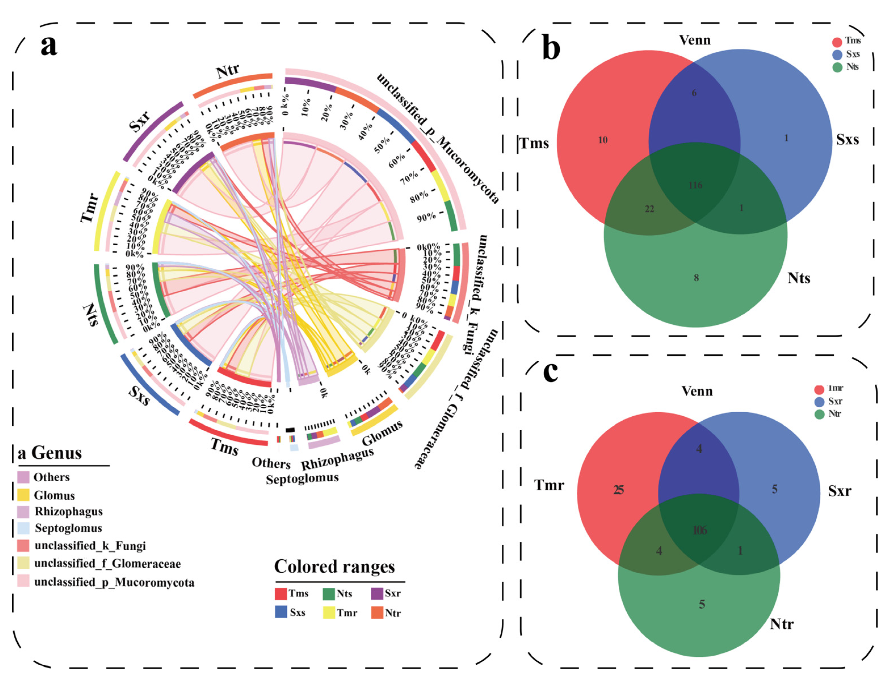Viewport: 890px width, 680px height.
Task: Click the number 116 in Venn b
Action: click(x=695, y=185)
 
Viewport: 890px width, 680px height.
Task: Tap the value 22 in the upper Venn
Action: click(x=649, y=209)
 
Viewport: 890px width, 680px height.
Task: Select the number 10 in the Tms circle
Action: click(x=603, y=140)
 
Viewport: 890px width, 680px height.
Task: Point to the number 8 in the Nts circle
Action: click(x=696, y=278)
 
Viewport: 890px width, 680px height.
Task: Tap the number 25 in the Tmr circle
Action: click(x=618, y=490)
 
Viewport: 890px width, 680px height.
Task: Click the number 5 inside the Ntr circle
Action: click(x=702, y=604)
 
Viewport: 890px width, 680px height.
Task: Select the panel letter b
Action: click(x=551, y=49)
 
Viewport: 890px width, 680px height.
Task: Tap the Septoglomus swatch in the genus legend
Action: click(x=24, y=528)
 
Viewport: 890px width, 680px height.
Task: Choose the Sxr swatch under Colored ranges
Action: click(x=377, y=593)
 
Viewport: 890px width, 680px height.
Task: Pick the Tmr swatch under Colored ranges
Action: click(x=329, y=613)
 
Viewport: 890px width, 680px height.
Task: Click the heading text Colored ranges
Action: click(x=334, y=567)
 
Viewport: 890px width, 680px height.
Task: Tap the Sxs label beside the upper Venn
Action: click(x=847, y=140)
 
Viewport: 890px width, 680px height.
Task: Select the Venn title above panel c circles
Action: click(x=697, y=391)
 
